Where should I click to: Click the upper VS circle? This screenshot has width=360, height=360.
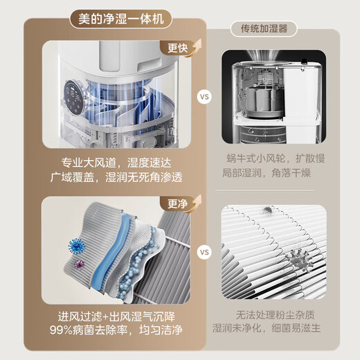[204, 96]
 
